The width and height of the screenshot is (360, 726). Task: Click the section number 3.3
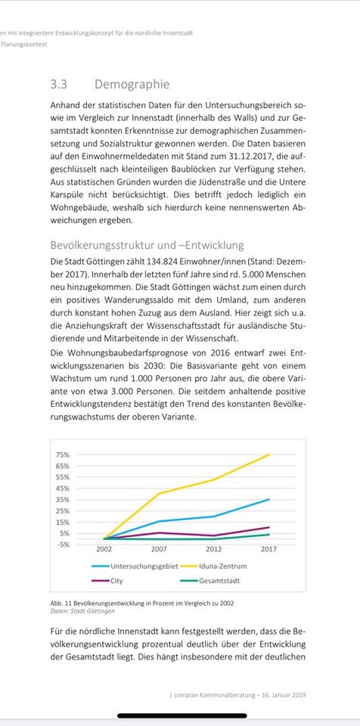coord(59,84)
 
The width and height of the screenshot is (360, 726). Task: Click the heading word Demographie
coord(132,84)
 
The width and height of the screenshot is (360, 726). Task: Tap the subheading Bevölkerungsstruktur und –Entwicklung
coord(147,245)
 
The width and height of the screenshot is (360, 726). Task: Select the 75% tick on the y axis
coord(63,455)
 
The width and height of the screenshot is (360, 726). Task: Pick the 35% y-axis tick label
coord(63,499)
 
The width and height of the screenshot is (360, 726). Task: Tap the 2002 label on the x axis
coord(104,550)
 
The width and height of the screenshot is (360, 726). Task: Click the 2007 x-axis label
coord(159,550)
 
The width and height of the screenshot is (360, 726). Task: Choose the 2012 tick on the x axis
coord(213,550)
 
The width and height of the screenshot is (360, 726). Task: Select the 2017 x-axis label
coord(268,550)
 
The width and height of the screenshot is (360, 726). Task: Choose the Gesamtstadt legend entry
coord(220,581)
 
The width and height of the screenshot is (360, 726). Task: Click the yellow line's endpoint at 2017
coord(269,455)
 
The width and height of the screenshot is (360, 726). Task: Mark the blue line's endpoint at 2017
coord(269,499)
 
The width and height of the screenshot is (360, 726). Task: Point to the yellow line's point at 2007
coord(159,494)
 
